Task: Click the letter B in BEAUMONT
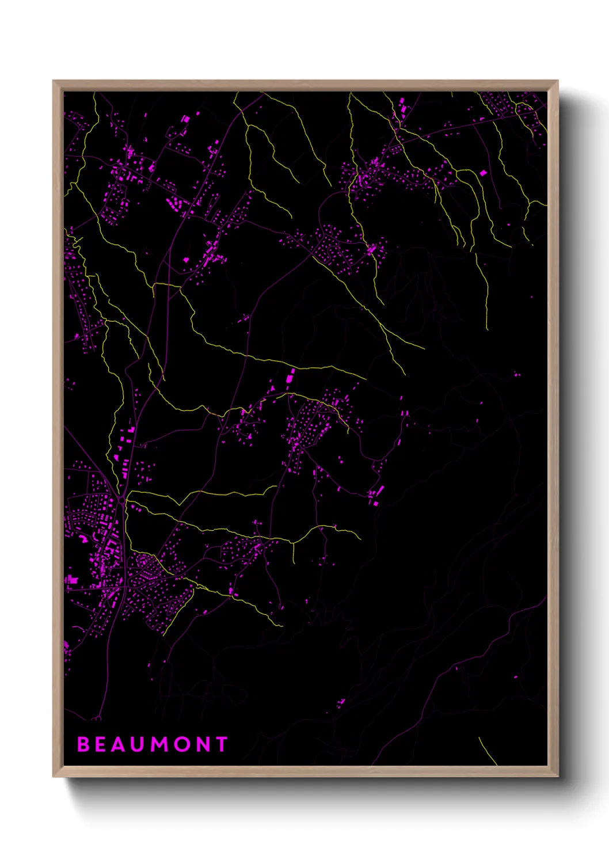pos(83,744)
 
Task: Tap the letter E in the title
pos(102,744)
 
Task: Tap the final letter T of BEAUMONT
pos(221,744)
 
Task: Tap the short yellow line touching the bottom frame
pos(488,751)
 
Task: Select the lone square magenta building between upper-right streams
pos(483,172)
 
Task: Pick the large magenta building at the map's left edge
pos(71,579)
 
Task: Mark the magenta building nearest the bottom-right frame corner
pos(515,677)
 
